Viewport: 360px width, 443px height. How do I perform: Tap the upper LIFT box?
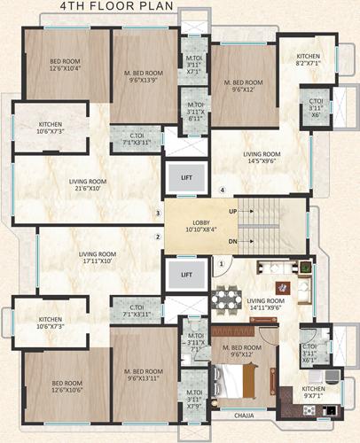pyautogui.click(x=186, y=177)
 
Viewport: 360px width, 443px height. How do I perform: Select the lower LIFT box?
pyautogui.click(x=186, y=274)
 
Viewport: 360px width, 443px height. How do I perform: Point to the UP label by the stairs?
pyautogui.click(x=233, y=213)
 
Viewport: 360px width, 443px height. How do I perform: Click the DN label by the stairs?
pyautogui.click(x=233, y=241)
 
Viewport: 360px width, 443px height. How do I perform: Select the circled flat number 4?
pyautogui.click(x=223, y=190)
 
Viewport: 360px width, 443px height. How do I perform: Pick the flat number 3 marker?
pyautogui.click(x=158, y=213)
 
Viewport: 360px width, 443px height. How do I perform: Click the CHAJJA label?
pyautogui.click(x=244, y=414)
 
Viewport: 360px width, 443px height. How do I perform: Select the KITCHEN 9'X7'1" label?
pyautogui.click(x=314, y=393)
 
